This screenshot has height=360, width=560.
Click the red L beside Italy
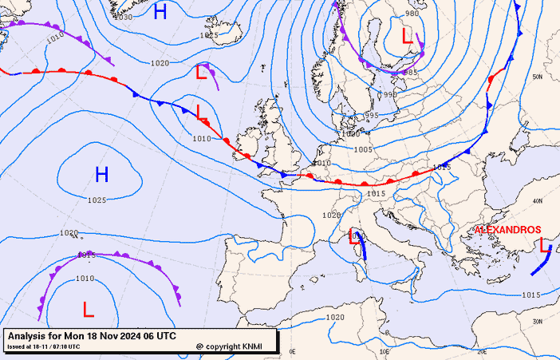[353, 235]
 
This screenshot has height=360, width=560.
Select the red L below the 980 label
[407, 35]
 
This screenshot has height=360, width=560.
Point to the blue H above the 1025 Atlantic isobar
[101, 174]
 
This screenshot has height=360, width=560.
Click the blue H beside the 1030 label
[160, 11]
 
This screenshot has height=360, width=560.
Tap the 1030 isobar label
[123, 16]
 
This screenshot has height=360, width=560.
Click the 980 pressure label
[412, 14]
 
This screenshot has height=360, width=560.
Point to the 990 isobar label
[390, 94]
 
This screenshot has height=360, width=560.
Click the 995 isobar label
[372, 116]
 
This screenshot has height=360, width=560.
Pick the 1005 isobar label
[363, 149]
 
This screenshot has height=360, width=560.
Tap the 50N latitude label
[538, 77]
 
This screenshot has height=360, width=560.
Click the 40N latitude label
[538, 200]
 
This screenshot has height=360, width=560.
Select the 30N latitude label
[538, 319]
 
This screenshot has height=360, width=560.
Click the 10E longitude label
[384, 350]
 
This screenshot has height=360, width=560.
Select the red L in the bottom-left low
[88, 307]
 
